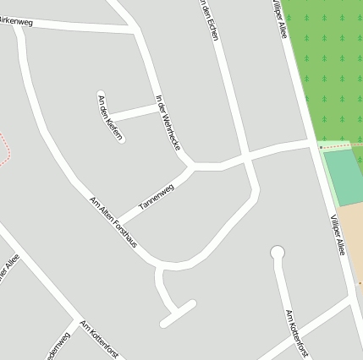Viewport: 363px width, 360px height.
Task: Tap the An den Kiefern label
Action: point(111,118)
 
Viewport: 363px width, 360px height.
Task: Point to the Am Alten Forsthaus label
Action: point(113,222)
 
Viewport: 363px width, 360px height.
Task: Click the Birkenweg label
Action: point(17,21)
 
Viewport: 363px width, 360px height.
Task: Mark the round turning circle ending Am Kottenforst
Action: point(277,252)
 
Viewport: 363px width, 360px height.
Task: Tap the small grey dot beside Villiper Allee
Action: point(321,147)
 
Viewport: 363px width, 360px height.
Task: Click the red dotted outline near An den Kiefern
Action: point(7,148)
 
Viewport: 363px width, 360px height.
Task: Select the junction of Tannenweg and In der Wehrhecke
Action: point(194,166)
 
